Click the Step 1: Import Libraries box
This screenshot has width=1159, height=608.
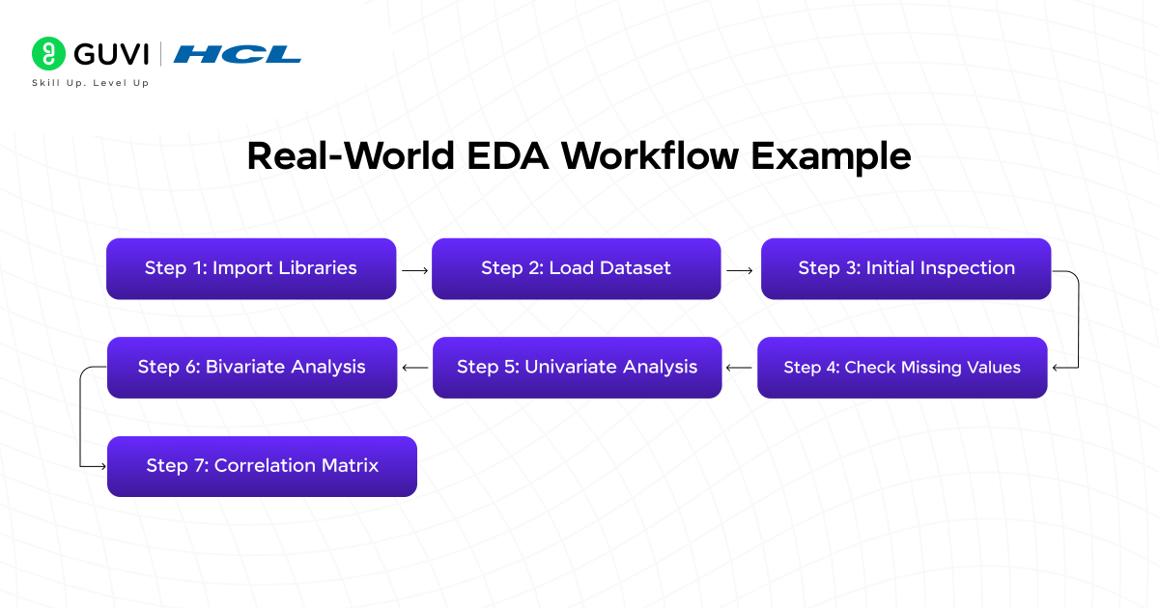pyautogui.click(x=251, y=268)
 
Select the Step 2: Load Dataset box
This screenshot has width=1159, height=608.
pyautogui.click(x=576, y=268)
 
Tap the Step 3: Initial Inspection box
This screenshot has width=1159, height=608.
pyautogui.click(x=906, y=268)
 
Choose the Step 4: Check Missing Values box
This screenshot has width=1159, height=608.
pyautogui.click(x=902, y=368)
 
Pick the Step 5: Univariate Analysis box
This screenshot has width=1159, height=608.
pyautogui.click(x=577, y=368)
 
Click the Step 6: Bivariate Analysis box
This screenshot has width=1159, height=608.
pyautogui.click(x=251, y=368)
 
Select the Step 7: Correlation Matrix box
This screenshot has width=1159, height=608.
pyautogui.click(x=262, y=466)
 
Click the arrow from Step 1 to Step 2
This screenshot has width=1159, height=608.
pyautogui.click(x=414, y=271)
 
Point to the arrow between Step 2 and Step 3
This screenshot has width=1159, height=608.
pyautogui.click(x=740, y=271)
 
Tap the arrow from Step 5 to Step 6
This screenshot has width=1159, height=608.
pyautogui.click(x=414, y=368)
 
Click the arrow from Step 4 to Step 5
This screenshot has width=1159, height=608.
pyautogui.click(x=740, y=368)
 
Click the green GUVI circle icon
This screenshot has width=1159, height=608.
pyautogui.click(x=48, y=54)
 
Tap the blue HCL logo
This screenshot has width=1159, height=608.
pyautogui.click(x=237, y=54)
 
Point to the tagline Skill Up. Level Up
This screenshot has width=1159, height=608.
pyautogui.click(x=91, y=83)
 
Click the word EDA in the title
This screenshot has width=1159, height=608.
pyautogui.click(x=508, y=156)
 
